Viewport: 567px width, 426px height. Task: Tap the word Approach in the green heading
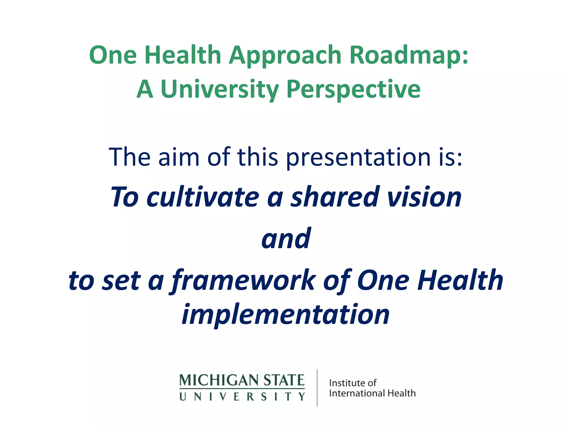point(285,55)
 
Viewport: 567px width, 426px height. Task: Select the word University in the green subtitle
point(220,89)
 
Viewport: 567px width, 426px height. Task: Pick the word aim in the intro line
point(179,157)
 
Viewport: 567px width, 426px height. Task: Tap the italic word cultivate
point(203,197)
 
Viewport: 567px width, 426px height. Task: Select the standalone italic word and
point(286,239)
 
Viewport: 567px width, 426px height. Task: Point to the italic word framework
point(244,281)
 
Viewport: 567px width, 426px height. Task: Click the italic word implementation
point(286,315)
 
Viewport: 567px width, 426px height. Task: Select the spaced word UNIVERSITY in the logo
point(242,397)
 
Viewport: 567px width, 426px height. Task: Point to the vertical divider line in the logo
point(317,387)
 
